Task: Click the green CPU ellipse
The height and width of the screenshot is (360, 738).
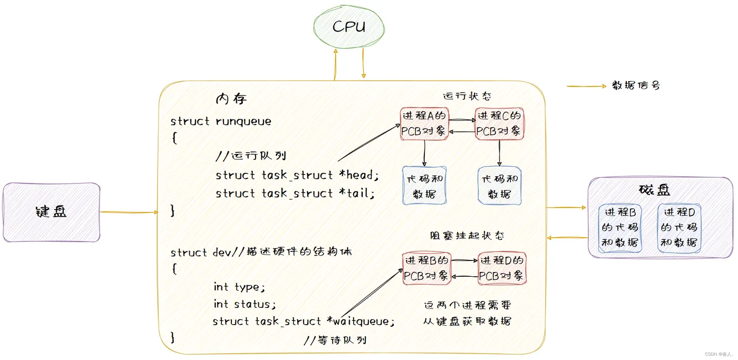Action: pyautogui.click(x=349, y=27)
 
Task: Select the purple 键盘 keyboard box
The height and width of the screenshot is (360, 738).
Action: pyautogui.click(x=51, y=212)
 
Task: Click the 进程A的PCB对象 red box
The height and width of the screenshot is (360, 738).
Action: pyautogui.click(x=424, y=124)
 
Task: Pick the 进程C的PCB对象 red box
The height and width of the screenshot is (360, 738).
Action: pyautogui.click(x=499, y=124)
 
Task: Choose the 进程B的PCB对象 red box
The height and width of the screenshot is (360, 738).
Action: pyautogui.click(x=426, y=268)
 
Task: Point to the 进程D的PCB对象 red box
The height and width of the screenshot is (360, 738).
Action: pyautogui.click(x=502, y=268)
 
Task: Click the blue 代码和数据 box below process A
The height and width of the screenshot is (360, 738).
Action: pyautogui.click(x=425, y=186)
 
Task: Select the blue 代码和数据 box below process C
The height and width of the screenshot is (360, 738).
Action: pyautogui.click(x=500, y=186)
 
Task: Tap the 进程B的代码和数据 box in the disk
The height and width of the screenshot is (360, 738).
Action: pyautogui.click(x=620, y=228)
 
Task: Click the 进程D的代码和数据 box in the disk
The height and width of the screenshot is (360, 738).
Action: pyautogui.click(x=679, y=228)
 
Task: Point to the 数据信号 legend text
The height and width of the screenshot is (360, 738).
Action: pyautogui.click(x=635, y=85)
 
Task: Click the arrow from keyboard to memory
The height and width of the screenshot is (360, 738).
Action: pyautogui.click(x=129, y=212)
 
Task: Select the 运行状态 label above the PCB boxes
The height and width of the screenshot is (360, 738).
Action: pyautogui.click(x=467, y=96)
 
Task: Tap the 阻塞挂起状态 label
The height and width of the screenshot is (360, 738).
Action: pyautogui.click(x=467, y=236)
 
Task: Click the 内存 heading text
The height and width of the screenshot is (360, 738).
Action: pyautogui.click(x=231, y=99)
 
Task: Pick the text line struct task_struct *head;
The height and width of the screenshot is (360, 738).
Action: pyautogui.click(x=297, y=175)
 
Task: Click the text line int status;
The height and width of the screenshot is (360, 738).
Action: pyautogui.click(x=245, y=304)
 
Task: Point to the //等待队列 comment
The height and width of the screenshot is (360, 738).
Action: pyautogui.click(x=335, y=340)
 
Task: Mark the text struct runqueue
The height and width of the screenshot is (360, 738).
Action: pyautogui.click(x=221, y=121)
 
